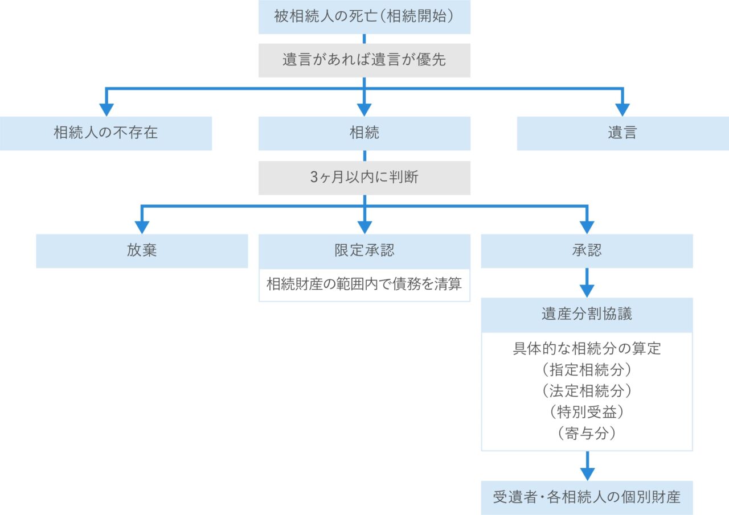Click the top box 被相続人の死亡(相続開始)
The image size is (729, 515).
pos(364,17)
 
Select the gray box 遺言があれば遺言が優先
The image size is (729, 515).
pos(364,60)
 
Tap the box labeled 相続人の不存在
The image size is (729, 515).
pos(106,133)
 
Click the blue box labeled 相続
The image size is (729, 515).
pos(364,133)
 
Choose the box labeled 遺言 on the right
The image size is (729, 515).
pos(622,133)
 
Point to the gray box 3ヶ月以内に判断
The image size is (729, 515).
pos(364,178)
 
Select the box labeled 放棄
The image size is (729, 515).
pos(142,251)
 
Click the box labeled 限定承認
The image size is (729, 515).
pos(364,251)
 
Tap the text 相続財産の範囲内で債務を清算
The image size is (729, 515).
pos(364,285)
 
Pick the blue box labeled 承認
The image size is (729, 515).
pos(587,251)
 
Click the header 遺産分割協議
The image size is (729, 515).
pos(587,315)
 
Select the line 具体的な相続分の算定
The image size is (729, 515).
pos(587,348)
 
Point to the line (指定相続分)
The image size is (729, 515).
pos(587,369)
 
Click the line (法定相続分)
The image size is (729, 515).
pos(587,390)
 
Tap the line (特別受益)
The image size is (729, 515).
pos(587,411)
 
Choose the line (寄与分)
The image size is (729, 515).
pos(587,432)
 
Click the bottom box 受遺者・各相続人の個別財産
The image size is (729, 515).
pos(587,497)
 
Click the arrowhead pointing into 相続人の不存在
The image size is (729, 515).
pos(106,109)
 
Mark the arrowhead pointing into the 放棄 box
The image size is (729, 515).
pos(142,227)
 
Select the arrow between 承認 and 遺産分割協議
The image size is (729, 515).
pos(587,282)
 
